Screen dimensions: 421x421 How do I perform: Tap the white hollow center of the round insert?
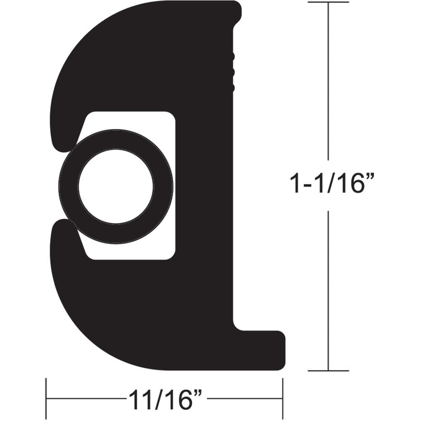[x=116, y=186]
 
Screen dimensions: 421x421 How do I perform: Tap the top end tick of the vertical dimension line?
[x=328, y=3]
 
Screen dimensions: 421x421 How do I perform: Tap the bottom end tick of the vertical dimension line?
[x=328, y=370]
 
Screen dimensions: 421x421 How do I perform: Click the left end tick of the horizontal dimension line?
[x=46, y=398]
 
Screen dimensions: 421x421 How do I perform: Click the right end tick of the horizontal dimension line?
[x=283, y=398]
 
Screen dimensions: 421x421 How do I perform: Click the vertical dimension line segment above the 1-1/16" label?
[x=328, y=79]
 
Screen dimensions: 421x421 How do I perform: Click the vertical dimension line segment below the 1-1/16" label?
[x=328, y=289]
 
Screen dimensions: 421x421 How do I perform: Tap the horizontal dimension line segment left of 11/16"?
[x=84, y=398]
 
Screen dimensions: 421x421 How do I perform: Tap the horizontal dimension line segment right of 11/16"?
[x=245, y=398]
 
